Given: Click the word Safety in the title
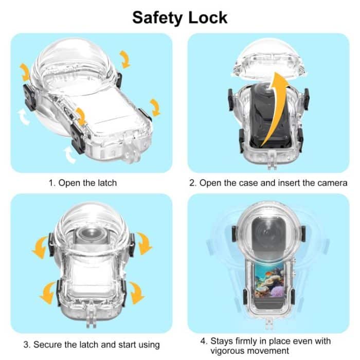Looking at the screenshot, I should (x=156, y=17).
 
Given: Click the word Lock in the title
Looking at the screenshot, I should (x=208, y=17).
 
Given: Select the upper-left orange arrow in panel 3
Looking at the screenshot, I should (x=40, y=248).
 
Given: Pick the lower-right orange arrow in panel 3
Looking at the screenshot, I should (x=136, y=293).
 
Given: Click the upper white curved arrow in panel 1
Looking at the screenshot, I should (x=22, y=118).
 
